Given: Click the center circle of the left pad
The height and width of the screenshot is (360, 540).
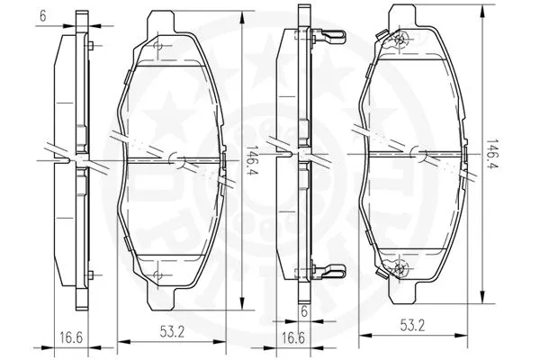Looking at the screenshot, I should (177, 160).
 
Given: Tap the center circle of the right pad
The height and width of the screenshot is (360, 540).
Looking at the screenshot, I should (419, 155).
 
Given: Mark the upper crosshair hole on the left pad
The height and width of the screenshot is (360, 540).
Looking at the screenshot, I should (159, 44).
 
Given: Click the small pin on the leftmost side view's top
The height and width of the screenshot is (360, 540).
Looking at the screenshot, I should (91, 44).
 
